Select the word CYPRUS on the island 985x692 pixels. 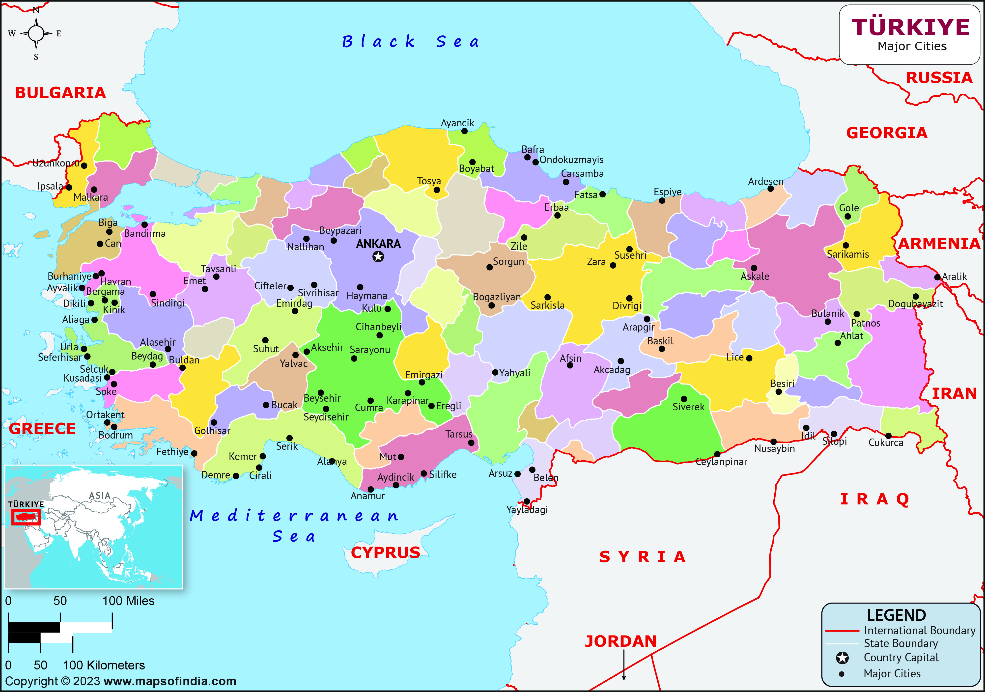coord(385,553)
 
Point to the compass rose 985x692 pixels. coord(36,33)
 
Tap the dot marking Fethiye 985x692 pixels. coord(194,453)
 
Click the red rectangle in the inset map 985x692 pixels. coord(26,517)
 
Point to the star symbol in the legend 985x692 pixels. coord(842,658)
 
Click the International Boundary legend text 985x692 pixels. coord(919,631)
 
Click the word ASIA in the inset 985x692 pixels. coord(100,496)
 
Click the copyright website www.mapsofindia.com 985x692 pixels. coord(170,681)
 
